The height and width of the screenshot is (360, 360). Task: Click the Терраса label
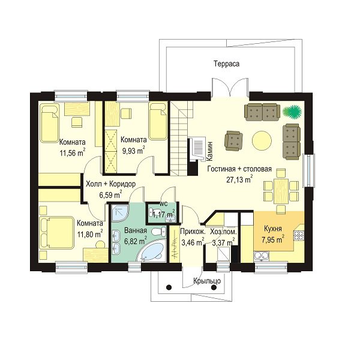pos(227,64)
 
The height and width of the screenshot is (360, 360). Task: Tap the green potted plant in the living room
pos(292,112)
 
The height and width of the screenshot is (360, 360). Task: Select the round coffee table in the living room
pos(262,140)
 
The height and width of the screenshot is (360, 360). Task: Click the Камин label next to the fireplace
pos(210,151)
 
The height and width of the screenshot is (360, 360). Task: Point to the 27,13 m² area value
pos(239,179)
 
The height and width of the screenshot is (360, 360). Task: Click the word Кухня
pos(273,229)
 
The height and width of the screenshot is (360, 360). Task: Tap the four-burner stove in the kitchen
pos(299,236)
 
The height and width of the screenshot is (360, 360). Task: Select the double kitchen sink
pos(261,256)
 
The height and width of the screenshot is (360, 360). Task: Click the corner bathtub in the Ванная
pos(152,251)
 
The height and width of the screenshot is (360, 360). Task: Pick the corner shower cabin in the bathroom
pos(120,213)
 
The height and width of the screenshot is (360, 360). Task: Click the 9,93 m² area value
pos(134,151)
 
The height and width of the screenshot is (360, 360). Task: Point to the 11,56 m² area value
pos(73,152)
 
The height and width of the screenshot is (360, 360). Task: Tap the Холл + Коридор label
pos(110,184)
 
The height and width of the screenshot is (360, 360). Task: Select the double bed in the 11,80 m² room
pos(57,233)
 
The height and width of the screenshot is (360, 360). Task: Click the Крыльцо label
pos(207,281)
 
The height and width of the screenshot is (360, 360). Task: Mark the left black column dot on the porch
pos(169,287)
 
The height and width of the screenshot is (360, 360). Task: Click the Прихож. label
pos(193,231)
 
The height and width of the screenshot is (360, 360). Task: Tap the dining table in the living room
pos(281,191)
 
